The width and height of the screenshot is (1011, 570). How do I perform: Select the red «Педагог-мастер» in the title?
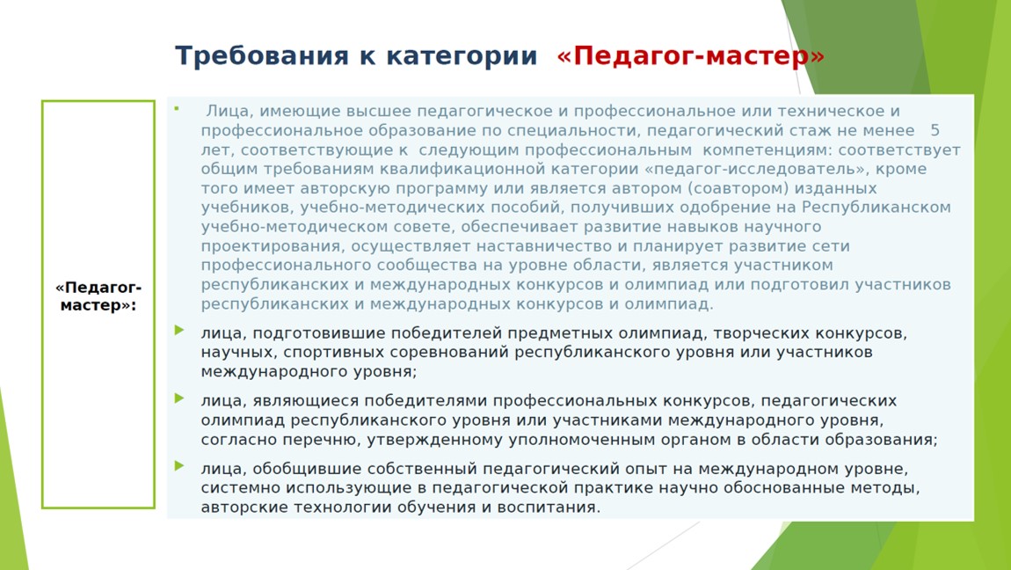690,56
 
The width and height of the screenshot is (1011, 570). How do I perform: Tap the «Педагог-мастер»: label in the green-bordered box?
98,296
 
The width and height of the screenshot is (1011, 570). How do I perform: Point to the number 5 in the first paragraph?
935,130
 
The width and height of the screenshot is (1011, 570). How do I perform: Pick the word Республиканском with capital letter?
876,207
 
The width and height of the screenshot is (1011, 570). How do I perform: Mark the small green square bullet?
177,108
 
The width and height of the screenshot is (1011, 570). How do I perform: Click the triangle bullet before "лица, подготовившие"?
179,330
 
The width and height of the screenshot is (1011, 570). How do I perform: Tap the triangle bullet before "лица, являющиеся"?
179,398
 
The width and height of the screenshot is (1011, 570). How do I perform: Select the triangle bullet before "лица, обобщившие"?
179,465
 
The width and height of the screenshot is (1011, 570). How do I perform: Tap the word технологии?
338,508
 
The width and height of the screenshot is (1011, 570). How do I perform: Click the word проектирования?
271,246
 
